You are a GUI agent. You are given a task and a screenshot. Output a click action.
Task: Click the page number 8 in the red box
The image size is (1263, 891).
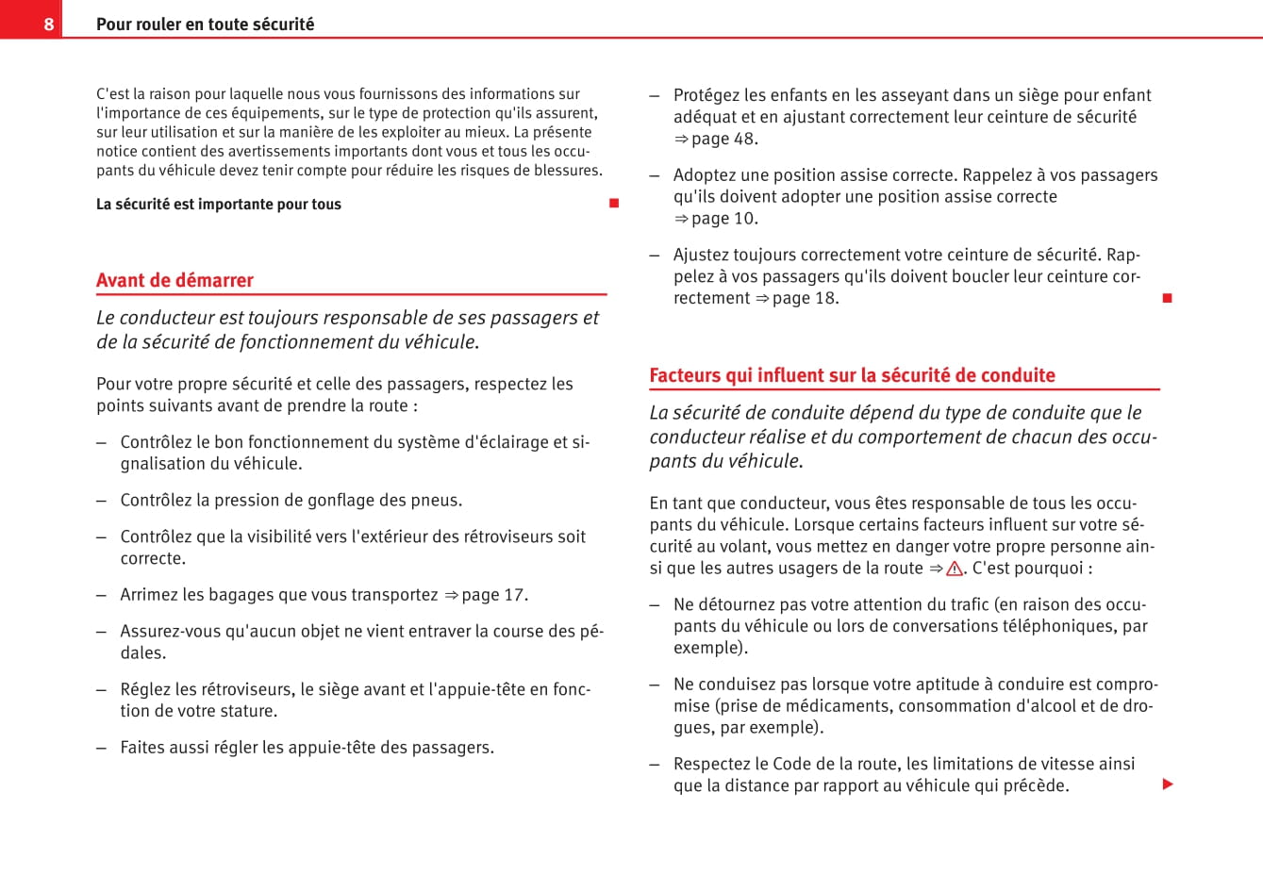click(x=49, y=25)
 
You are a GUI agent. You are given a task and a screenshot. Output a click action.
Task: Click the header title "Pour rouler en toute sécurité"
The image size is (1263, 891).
click(x=205, y=25)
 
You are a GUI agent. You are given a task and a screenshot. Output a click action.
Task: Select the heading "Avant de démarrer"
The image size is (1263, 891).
click(x=174, y=280)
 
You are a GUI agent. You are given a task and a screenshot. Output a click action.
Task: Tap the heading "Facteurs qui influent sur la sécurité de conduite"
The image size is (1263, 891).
click(x=852, y=375)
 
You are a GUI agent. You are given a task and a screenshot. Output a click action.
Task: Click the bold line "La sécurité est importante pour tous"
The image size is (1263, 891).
click(x=219, y=205)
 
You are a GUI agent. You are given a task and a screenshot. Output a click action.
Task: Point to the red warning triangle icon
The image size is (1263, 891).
click(x=955, y=569)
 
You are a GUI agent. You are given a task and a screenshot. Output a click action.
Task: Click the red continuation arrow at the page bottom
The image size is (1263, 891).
click(x=1168, y=784)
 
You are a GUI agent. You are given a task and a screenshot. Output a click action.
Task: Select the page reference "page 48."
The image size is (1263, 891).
click(x=724, y=139)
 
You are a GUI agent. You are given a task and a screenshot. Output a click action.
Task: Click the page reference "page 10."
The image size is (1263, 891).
click(x=724, y=219)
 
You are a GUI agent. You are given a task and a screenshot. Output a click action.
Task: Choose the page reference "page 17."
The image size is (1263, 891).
click(x=495, y=595)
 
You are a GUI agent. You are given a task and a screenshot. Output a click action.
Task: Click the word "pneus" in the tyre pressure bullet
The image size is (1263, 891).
click(x=438, y=501)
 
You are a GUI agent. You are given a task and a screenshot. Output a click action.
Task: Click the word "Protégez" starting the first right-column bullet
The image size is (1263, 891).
click(x=706, y=95)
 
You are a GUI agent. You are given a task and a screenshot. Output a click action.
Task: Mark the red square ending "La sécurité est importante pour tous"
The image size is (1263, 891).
click(x=614, y=204)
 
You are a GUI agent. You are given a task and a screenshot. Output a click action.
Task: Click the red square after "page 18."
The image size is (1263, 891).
click(x=1167, y=298)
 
